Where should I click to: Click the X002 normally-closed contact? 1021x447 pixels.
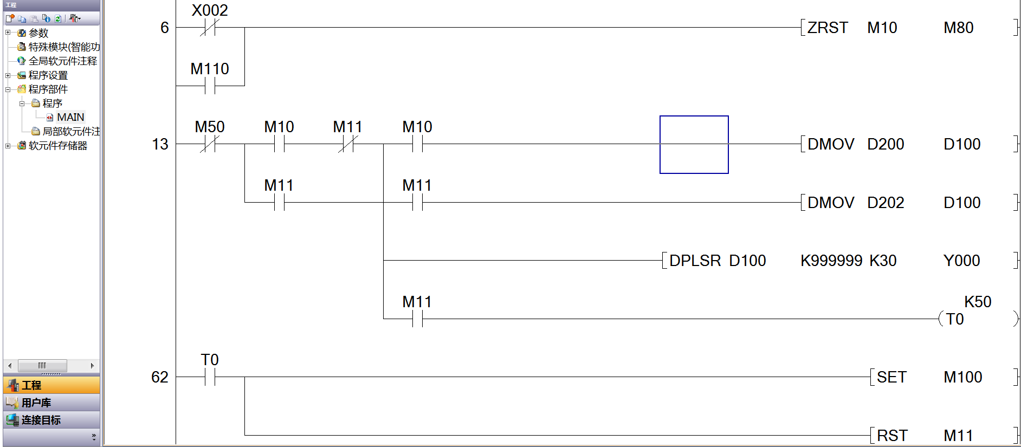pos(210,28)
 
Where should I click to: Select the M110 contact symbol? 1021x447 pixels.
pos(210,86)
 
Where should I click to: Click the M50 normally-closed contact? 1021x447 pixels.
pos(210,144)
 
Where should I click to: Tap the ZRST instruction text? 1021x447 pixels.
pos(828,28)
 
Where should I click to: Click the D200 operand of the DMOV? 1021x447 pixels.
pos(886,144)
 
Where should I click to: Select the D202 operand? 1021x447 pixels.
pos(886,203)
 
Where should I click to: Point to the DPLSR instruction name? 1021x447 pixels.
pos(695,261)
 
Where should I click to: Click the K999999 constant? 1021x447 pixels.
pos(831,261)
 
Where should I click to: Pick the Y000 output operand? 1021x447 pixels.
pos(961,261)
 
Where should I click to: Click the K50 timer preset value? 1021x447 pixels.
pos(978,302)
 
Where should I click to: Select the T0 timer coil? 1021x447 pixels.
pos(955,319)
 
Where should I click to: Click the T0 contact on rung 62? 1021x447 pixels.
pos(210,377)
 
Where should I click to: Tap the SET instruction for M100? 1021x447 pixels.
pos(891,377)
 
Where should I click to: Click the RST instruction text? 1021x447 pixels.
pos(892,436)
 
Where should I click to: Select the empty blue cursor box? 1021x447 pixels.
pos(694,145)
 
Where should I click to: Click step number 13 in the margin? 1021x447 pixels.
pos(160,144)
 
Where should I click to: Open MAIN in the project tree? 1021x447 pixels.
pos(70,117)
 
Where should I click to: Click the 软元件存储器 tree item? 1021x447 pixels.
pos(57,146)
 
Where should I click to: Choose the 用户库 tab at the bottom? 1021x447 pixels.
pos(36,403)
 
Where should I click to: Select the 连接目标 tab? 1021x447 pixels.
pos(41,420)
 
